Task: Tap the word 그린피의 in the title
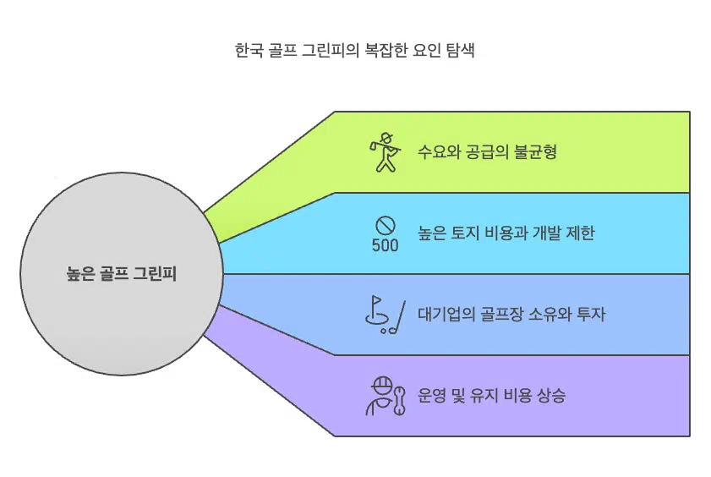331,50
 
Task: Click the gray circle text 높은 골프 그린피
121,274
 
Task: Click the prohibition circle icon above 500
386,225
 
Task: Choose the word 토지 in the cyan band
473,233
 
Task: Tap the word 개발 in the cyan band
542,233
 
